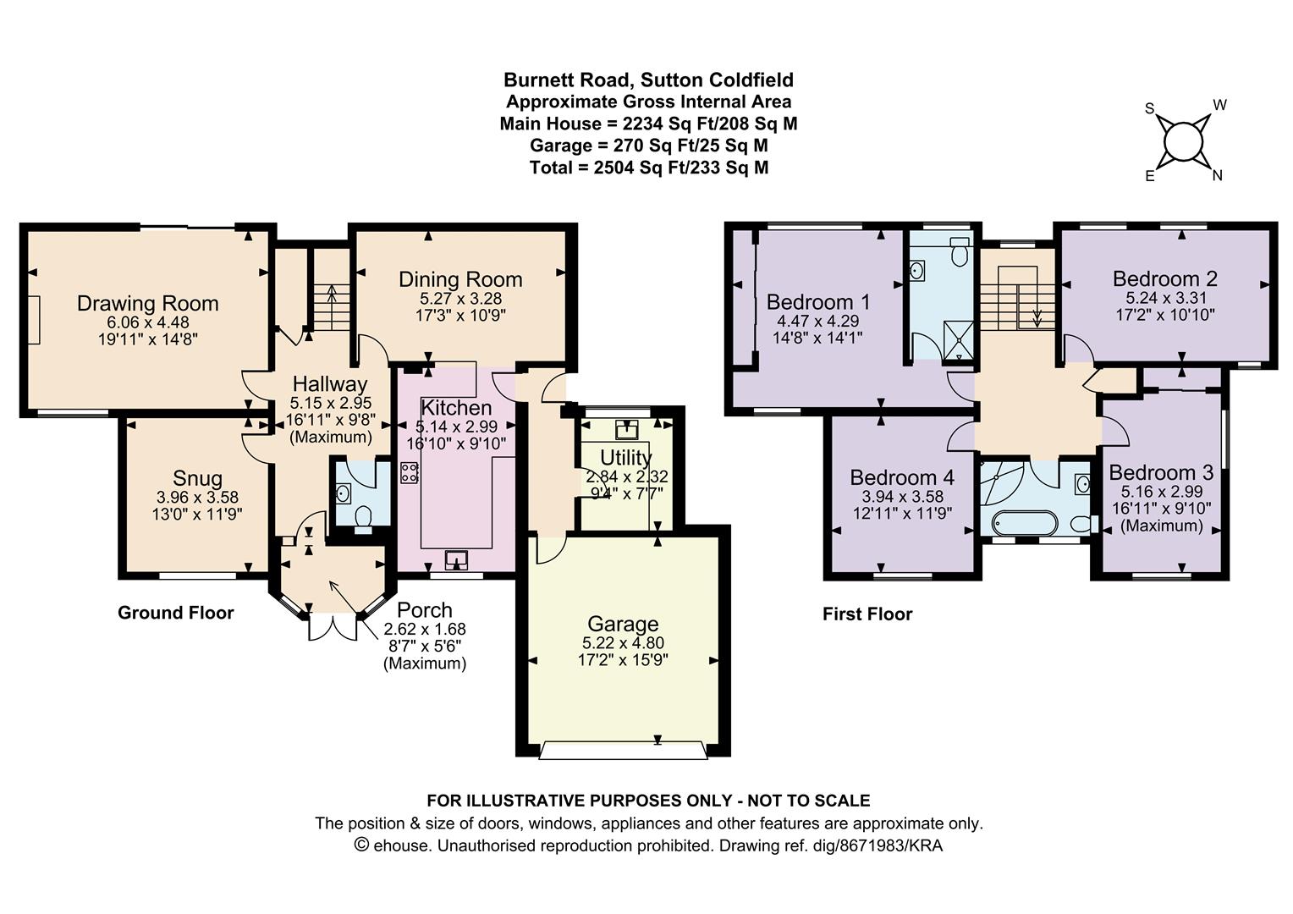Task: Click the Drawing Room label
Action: [x=147, y=303]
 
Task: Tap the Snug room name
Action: [x=197, y=478]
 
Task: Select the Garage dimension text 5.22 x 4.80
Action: [x=622, y=643]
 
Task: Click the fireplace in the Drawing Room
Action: [x=33, y=320]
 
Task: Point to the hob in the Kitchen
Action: [x=410, y=474]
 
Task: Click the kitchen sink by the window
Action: [x=457, y=559]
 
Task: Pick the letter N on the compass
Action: [x=1218, y=176]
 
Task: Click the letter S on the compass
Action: [x=1149, y=108]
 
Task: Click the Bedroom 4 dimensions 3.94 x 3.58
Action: [x=897, y=497]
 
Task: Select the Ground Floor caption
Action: [x=175, y=613]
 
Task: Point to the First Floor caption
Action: [x=867, y=614]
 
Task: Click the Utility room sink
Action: [x=627, y=430]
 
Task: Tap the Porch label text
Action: [x=425, y=610]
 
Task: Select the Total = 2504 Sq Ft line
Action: [x=649, y=168]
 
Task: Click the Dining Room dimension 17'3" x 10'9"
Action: [x=462, y=316]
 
